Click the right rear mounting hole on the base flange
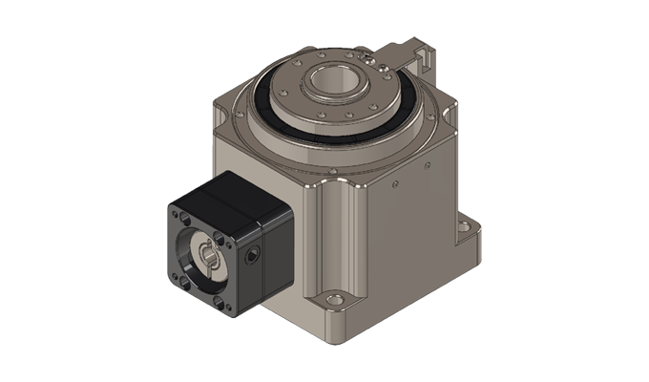[x=468, y=226]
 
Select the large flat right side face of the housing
[x=420, y=220]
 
